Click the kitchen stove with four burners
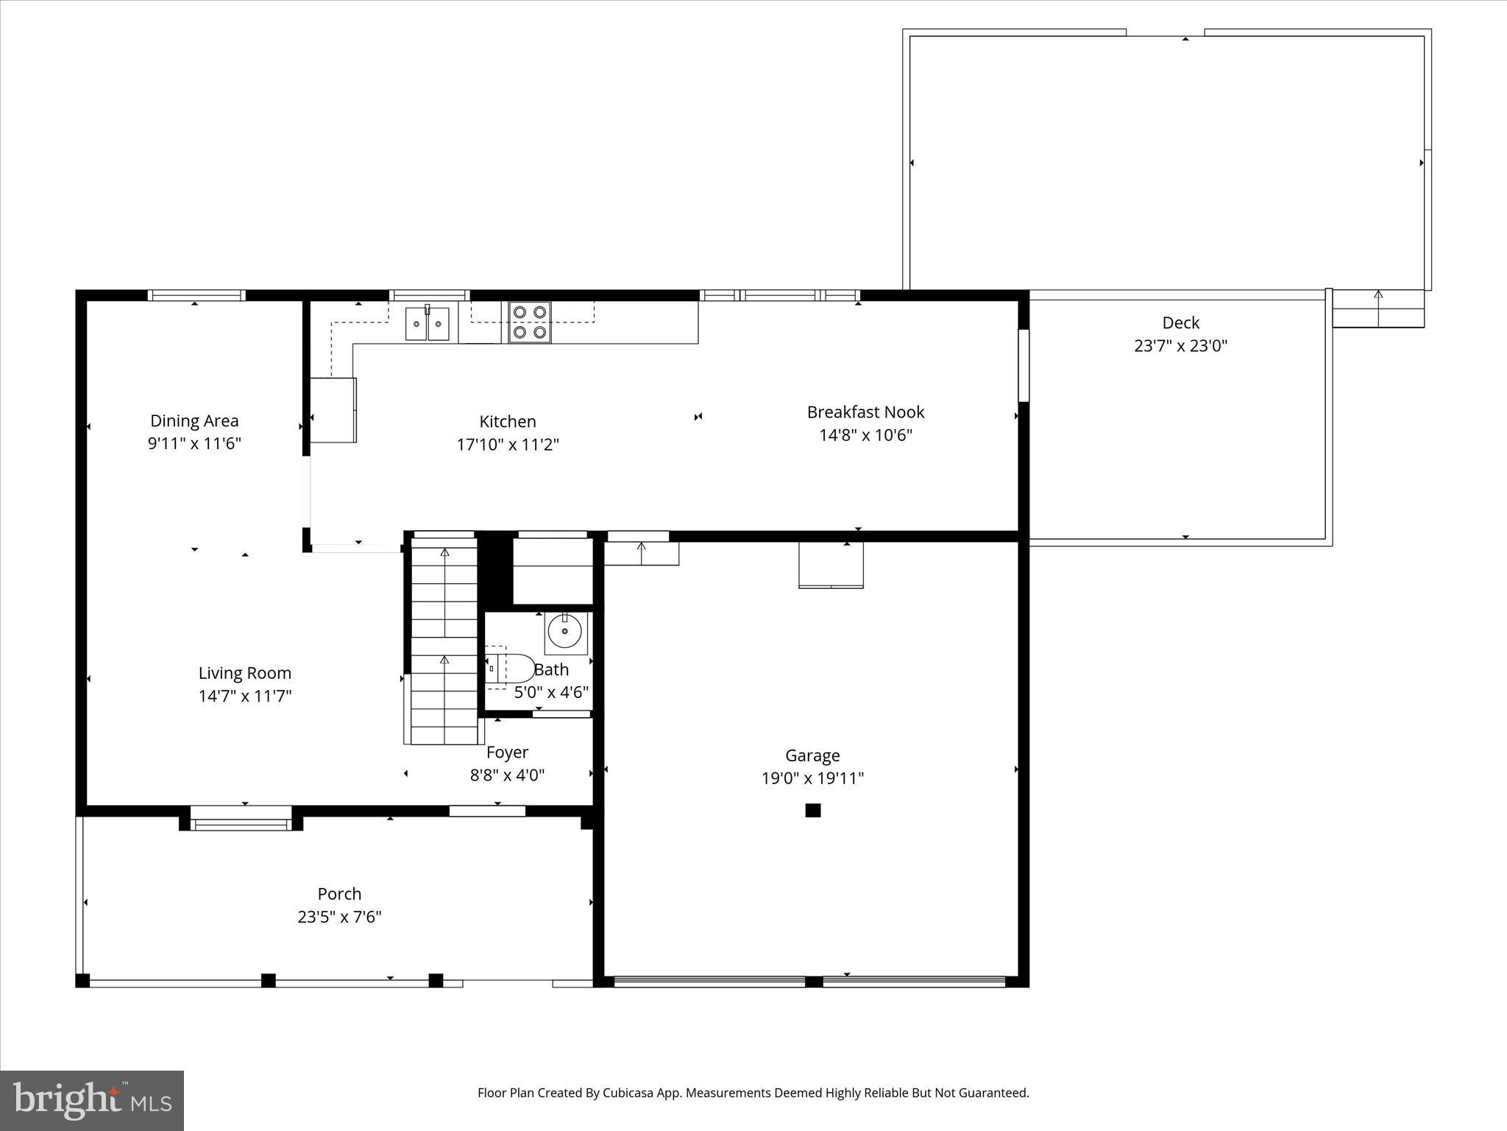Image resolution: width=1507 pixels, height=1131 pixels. coord(529,322)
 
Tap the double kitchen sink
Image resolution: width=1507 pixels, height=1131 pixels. coord(428,324)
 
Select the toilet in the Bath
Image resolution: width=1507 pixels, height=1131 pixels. coord(510,669)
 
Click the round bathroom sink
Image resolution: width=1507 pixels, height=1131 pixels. coord(565,632)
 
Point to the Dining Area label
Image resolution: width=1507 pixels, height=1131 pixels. coord(194,420)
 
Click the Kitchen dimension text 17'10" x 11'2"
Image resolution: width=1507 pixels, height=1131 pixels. coord(508,445)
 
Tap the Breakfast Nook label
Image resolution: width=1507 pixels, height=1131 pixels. coord(865,412)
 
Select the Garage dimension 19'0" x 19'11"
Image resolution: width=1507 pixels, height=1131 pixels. coord(812,778)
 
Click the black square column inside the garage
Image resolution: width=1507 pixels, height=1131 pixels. coord(812,810)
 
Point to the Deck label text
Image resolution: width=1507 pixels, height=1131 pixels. coord(1180,323)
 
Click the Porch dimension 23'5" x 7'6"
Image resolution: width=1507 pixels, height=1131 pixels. coord(339,917)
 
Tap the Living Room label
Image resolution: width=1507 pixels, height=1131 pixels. coord(244,672)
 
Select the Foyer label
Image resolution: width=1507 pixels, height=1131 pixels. coord(507,752)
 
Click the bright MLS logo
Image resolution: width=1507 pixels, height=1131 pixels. coord(92,1100)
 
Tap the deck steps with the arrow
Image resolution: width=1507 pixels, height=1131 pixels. coord(1377,308)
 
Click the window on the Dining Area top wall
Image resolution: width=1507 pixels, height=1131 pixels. coord(196,295)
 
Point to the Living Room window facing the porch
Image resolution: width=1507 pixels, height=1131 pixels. coord(241,818)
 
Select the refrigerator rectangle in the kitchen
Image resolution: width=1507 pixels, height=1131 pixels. coord(333,410)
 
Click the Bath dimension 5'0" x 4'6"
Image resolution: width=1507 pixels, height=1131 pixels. coord(551,692)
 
